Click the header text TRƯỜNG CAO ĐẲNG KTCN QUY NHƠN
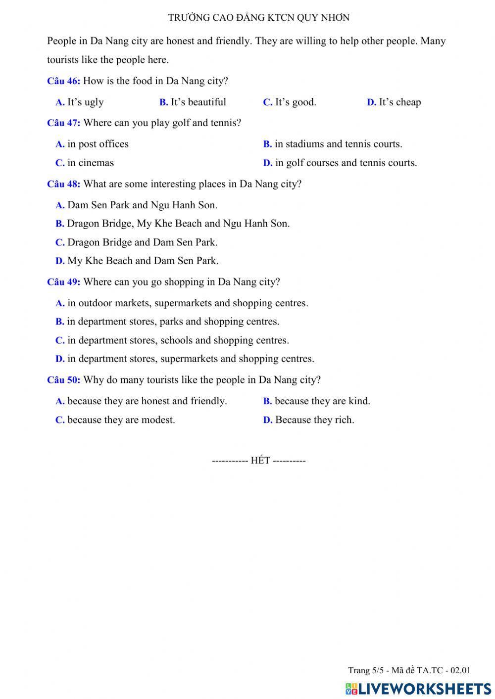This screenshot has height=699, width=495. [x=258, y=18]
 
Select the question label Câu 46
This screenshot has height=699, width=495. [x=63, y=81]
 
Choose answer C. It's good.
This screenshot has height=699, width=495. [x=290, y=102]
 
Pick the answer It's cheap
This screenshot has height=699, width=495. [x=394, y=102]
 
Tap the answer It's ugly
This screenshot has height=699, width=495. [x=80, y=102]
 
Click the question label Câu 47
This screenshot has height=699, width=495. [x=63, y=123]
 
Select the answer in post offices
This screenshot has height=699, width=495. [x=92, y=144]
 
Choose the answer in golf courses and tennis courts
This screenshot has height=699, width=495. [x=340, y=163]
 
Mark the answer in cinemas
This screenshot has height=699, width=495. [x=85, y=163]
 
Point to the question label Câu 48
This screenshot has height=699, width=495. [x=63, y=184]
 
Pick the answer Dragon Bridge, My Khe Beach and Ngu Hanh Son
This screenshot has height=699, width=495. [x=173, y=224]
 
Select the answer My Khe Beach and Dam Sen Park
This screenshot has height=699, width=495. [x=137, y=261]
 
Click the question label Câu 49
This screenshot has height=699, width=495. [x=63, y=282]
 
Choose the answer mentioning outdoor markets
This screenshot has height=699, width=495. [x=182, y=303]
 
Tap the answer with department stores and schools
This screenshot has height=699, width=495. [x=172, y=340]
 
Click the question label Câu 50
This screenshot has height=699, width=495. [x=63, y=380]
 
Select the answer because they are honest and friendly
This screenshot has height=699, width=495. [x=141, y=401]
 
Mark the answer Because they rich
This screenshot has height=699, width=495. [x=309, y=420]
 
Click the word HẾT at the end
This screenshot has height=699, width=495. [x=260, y=461]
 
